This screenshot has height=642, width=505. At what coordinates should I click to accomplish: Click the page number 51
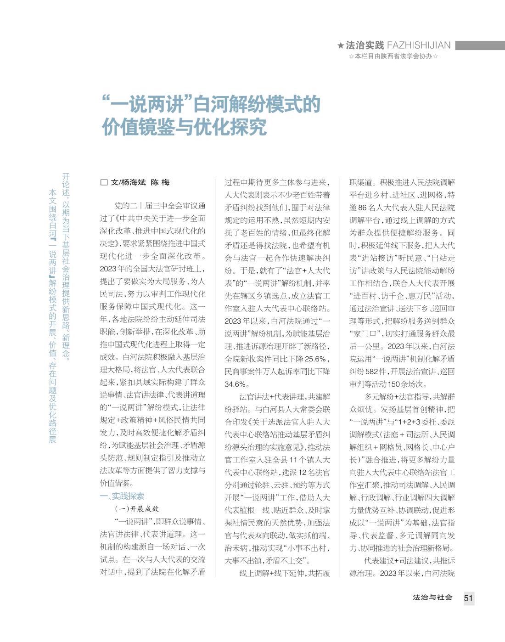pos(468,598)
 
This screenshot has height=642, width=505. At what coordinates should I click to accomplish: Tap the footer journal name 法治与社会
pos(432,597)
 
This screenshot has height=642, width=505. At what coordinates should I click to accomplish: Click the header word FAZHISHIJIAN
pos(419,45)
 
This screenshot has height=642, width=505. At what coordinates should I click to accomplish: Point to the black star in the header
pos(340,45)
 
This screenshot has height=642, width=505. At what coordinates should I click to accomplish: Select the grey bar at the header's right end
pos(479,45)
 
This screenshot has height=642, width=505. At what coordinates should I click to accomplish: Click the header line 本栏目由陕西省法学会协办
pos(393,56)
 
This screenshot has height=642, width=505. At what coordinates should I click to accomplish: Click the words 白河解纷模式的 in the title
pos(256,105)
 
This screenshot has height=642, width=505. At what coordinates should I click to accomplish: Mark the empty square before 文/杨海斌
pos(104,182)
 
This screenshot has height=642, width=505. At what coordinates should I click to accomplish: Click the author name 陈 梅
pos(160,182)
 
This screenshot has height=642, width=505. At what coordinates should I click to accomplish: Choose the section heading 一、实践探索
pos(122,496)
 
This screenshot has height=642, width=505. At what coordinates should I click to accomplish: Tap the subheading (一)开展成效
pos(137,509)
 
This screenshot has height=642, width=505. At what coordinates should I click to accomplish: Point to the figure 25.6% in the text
pos(315,359)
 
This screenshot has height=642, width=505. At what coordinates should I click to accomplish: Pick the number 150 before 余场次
pos(394,384)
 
